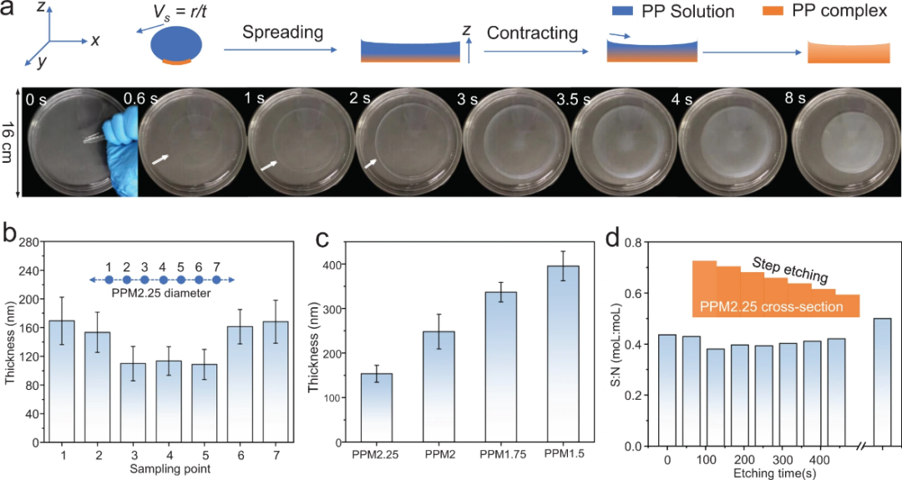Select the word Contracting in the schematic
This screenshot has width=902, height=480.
point(532,33)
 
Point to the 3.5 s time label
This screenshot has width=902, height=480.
point(572,97)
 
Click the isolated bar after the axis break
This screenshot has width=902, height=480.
point(884,381)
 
